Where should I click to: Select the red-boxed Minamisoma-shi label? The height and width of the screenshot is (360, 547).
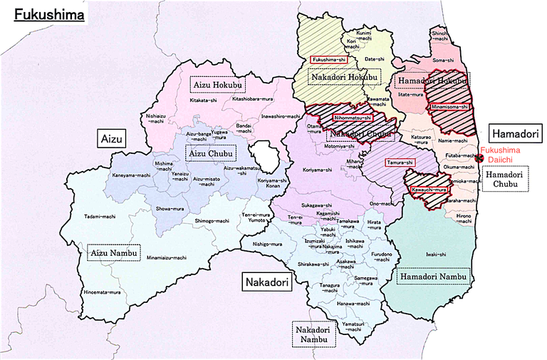click(449, 106)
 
